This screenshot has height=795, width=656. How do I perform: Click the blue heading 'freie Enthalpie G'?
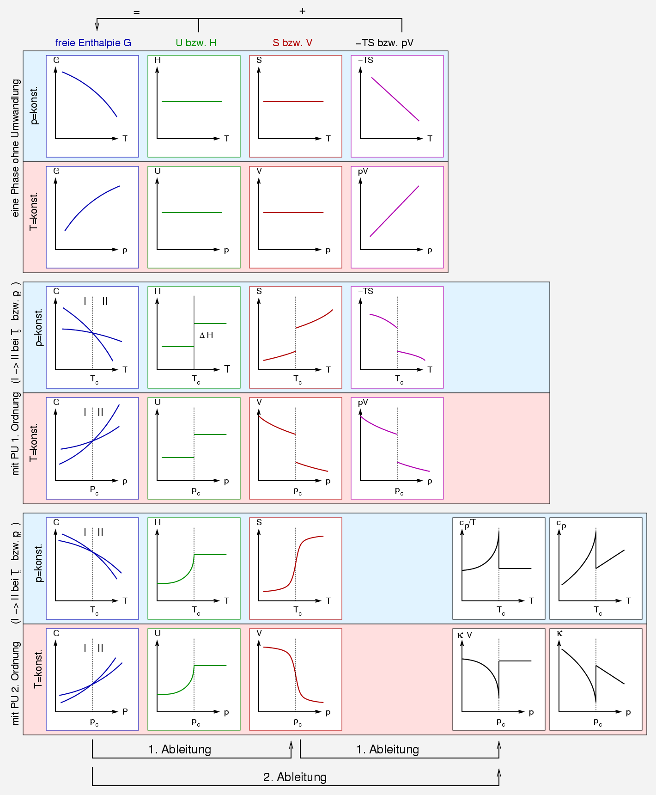click(93, 43)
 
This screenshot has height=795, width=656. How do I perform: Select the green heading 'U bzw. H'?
click(196, 43)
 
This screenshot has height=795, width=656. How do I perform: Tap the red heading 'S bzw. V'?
click(292, 43)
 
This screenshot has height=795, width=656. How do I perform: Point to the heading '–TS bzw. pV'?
click(384, 43)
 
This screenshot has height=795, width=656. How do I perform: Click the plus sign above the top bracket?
click(303, 11)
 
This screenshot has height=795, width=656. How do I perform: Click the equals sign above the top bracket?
click(136, 12)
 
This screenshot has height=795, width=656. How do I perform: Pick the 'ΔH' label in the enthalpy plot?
click(206, 335)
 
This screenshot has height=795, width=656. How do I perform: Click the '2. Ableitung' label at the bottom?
click(295, 777)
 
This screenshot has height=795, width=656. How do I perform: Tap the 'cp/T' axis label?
click(467, 523)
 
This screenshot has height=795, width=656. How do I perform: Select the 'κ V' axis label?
click(465, 635)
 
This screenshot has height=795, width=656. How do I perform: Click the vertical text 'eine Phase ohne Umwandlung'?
click(16, 148)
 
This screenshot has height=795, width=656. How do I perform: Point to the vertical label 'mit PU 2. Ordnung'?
click(16, 683)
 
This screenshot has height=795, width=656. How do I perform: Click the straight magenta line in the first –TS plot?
click(395, 99)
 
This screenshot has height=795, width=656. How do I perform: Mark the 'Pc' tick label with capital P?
click(94, 490)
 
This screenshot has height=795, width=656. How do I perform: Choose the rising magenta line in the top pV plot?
click(394, 211)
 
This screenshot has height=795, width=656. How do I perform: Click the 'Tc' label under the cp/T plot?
click(501, 611)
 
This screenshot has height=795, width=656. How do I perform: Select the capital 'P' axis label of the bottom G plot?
click(125, 712)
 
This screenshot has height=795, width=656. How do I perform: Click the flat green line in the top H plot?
click(192, 102)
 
